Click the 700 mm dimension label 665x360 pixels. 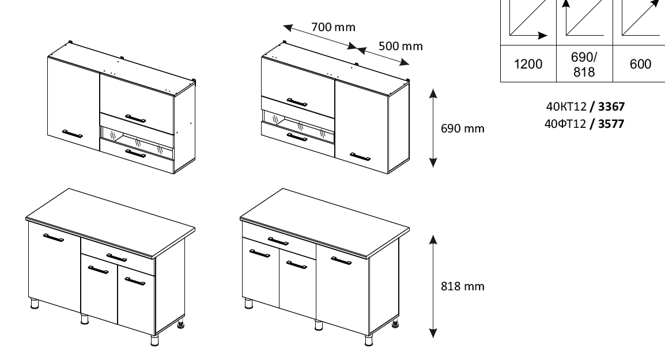[333, 27]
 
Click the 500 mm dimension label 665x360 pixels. [400, 46]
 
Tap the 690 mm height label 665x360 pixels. [462, 128]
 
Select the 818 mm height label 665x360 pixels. [462, 286]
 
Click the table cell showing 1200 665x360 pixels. [528, 64]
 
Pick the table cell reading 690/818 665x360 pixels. [584, 64]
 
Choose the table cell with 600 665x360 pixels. [640, 64]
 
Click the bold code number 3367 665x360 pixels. [611, 106]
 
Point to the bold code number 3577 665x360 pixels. [611, 123]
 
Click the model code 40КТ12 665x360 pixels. [566, 106]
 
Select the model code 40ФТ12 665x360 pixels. [565, 123]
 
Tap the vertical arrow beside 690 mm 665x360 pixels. [433, 128]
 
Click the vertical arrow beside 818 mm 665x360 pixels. [433, 286]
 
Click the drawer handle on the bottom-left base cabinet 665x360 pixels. [116, 257]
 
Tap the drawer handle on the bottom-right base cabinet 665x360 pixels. [278, 241]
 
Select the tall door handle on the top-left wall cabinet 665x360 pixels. [73, 134]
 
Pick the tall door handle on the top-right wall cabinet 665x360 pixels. [360, 157]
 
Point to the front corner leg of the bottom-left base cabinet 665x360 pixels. [154, 340]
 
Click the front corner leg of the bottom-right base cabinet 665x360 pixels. [369, 340]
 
